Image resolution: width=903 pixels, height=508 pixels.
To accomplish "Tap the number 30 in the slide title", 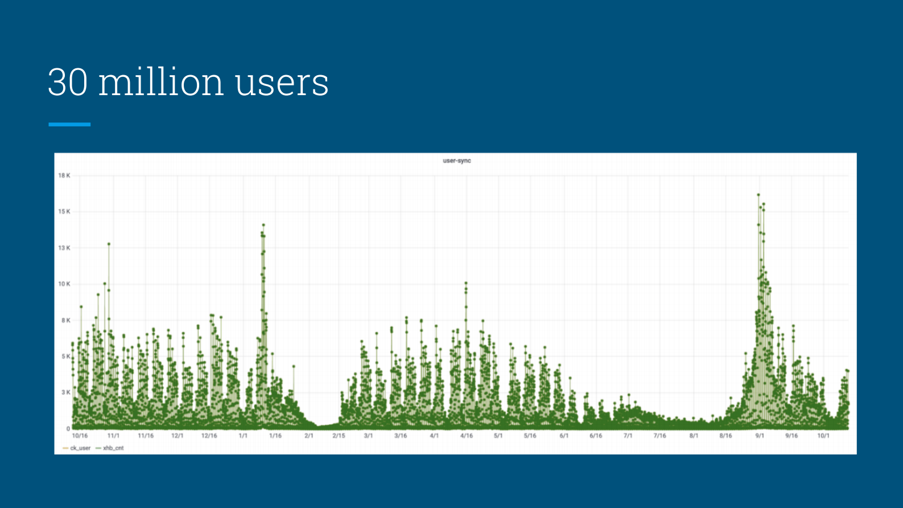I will pyautogui.click(x=68, y=83).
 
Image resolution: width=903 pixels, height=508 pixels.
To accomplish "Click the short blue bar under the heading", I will pyautogui.click(x=69, y=124).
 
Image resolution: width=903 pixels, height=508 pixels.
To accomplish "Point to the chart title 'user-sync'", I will pyautogui.click(x=457, y=161).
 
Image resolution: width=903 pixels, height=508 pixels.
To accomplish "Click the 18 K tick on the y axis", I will pyautogui.click(x=64, y=175).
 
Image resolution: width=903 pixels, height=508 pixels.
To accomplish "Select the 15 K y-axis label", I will pyautogui.click(x=64, y=211).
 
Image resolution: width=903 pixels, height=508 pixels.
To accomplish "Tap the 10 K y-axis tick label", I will pyautogui.click(x=64, y=284).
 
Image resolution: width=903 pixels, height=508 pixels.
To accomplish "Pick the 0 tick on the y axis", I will pyautogui.click(x=68, y=428).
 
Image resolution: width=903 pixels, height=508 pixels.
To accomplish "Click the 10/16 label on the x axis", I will pyautogui.click(x=80, y=436).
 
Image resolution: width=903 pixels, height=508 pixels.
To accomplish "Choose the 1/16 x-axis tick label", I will pyautogui.click(x=275, y=436).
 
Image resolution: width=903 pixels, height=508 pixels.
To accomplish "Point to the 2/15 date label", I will pyautogui.click(x=339, y=436).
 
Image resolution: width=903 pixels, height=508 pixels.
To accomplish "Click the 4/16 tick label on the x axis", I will pyautogui.click(x=467, y=436).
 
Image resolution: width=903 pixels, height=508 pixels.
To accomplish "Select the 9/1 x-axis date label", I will pyautogui.click(x=760, y=436).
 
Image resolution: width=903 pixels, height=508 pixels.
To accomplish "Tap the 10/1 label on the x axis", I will pyautogui.click(x=823, y=436).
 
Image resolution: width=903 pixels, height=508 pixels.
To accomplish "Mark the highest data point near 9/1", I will pyautogui.click(x=758, y=195).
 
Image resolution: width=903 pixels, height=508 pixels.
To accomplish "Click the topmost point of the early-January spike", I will pyautogui.click(x=263, y=225).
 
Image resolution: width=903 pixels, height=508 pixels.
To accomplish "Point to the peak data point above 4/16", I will pyautogui.click(x=466, y=282).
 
